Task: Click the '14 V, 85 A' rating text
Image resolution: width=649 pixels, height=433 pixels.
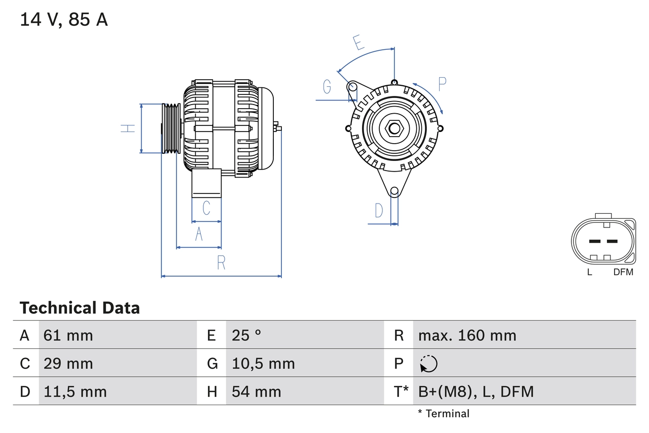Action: (x=64, y=20)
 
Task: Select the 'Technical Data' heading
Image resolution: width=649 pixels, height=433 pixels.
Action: (x=80, y=308)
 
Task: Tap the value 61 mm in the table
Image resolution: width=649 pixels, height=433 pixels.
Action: (x=68, y=336)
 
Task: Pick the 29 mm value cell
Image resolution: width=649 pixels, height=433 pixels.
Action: (x=68, y=363)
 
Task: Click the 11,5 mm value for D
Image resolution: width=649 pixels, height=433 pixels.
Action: (x=75, y=391)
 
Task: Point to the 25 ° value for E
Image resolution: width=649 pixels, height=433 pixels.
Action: (x=246, y=336)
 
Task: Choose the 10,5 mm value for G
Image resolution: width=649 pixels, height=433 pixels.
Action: (x=263, y=363)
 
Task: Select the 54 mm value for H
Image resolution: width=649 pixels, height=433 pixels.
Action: (x=256, y=391)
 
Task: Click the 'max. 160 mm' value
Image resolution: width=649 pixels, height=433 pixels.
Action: (x=467, y=336)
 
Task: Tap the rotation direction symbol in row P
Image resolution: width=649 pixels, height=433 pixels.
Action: (x=428, y=364)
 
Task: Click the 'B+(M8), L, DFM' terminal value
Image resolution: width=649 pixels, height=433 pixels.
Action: (x=476, y=391)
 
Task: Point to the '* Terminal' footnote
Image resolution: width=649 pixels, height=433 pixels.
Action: (x=444, y=414)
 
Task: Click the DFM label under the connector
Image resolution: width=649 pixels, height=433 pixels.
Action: (x=623, y=272)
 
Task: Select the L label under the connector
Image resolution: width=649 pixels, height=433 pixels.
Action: (x=589, y=272)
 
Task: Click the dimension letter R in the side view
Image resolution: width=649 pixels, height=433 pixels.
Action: (x=221, y=263)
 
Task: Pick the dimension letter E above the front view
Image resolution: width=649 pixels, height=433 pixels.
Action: (x=359, y=43)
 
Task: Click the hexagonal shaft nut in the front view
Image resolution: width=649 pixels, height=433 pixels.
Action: (x=394, y=128)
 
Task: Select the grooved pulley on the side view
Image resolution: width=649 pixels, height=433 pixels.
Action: (x=171, y=128)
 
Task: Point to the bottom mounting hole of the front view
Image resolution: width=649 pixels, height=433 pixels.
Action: (x=394, y=191)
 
